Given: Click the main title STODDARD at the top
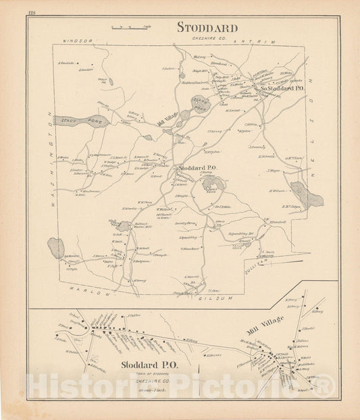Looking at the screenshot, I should click(207, 28).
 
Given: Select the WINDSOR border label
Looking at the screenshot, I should click(76, 42).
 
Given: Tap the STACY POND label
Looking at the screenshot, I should click(74, 122).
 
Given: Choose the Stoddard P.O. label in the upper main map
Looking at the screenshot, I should click(197, 167).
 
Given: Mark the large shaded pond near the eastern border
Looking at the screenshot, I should click(307, 195).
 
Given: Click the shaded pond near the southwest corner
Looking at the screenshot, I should click(56, 248).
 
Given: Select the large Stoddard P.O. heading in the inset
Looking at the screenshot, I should click(149, 365).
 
